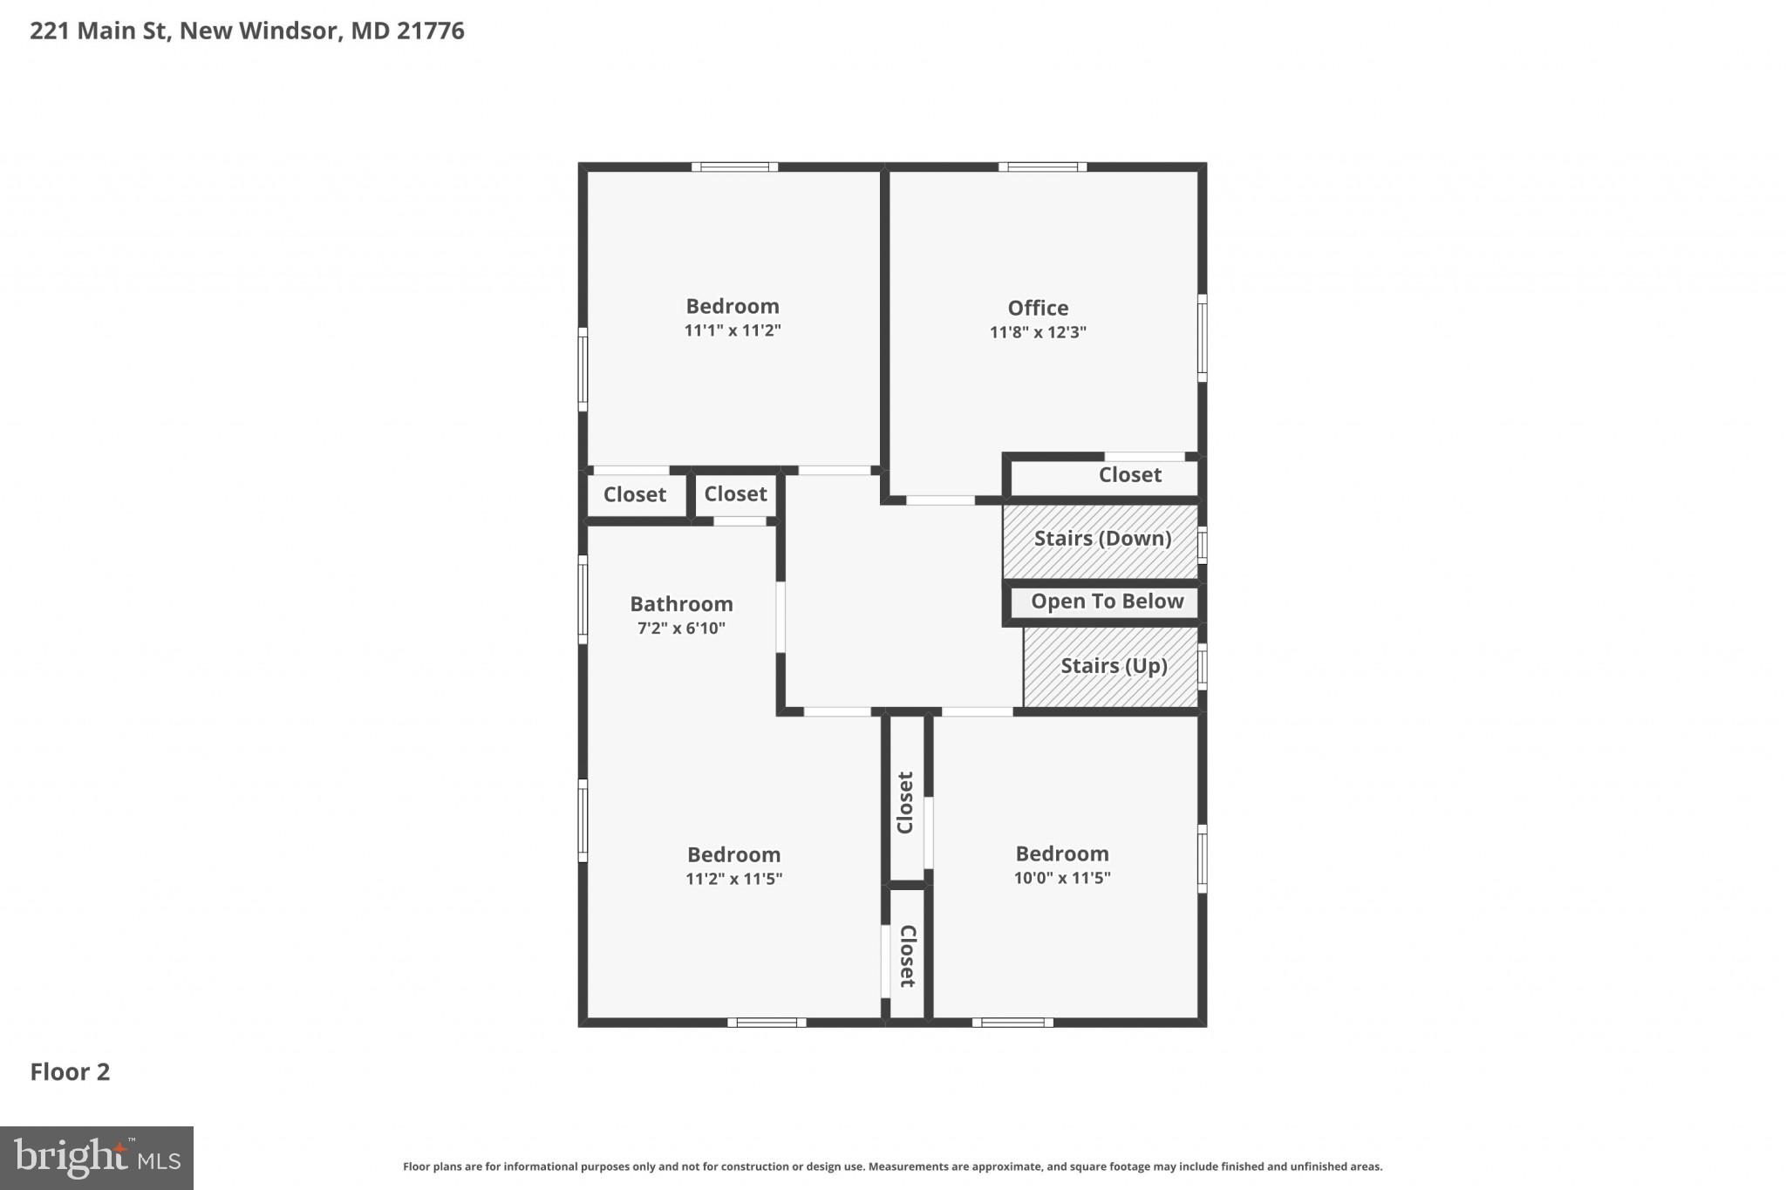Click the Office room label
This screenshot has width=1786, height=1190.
tap(1038, 308)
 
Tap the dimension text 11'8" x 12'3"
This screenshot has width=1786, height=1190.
tap(1038, 332)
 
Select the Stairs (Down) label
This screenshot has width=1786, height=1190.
tap(1102, 539)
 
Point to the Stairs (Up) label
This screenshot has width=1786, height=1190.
tap(1114, 666)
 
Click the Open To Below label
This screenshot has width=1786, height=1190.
tap(1107, 602)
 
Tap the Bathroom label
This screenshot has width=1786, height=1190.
tap(681, 604)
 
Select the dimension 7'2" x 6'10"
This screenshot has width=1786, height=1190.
tap(681, 629)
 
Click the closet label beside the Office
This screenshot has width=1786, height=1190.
tap(1129, 475)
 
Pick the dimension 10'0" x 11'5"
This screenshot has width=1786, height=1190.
tap(1061, 878)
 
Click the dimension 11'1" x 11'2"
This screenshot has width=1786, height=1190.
tap(732, 330)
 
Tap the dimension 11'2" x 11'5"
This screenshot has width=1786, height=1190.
tap(733, 879)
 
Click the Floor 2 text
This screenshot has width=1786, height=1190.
tap(70, 1072)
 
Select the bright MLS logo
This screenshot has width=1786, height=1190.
tap(96, 1158)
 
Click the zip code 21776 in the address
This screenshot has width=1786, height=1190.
tap(430, 31)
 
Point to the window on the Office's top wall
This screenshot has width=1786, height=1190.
tap(1042, 167)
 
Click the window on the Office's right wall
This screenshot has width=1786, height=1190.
tap(1202, 337)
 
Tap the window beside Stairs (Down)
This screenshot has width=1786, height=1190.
tap(1202, 545)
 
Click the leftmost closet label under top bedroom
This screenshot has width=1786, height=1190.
tap(634, 495)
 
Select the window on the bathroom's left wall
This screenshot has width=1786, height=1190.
tap(583, 600)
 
